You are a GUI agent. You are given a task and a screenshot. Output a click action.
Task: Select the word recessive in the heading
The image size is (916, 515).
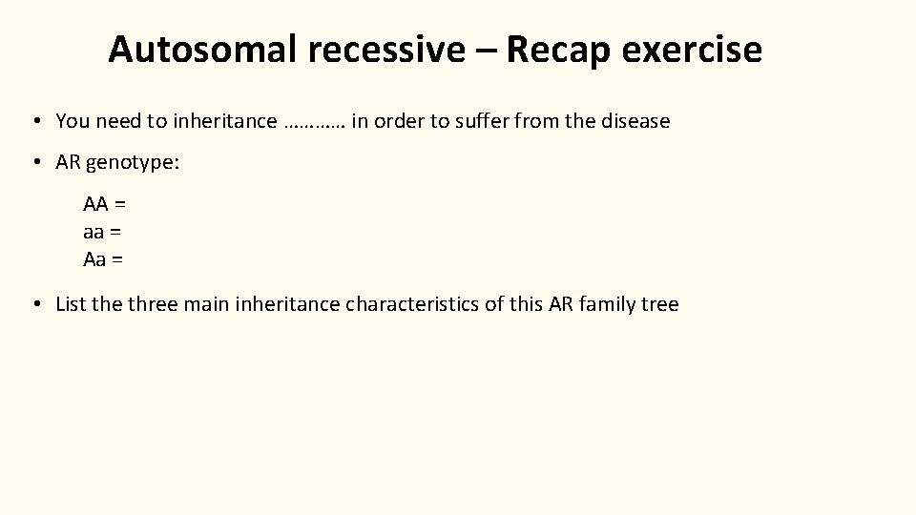[x=387, y=50]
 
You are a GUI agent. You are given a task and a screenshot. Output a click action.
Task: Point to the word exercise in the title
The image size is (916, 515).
[x=697, y=50]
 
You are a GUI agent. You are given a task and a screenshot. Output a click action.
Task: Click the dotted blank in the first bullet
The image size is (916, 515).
[x=315, y=122]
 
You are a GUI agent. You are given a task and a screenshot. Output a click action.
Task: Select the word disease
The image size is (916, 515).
[x=635, y=121]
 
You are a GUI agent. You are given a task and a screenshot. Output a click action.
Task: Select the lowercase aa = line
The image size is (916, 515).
[x=102, y=231]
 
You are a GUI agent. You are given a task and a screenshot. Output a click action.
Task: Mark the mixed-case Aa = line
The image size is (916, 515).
[x=104, y=258]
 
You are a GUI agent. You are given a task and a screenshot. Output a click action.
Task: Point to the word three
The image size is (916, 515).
[x=153, y=304]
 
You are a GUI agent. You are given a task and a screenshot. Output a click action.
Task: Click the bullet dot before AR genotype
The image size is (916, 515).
[x=34, y=163]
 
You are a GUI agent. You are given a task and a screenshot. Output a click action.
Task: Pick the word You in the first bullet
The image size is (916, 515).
[x=72, y=121]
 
